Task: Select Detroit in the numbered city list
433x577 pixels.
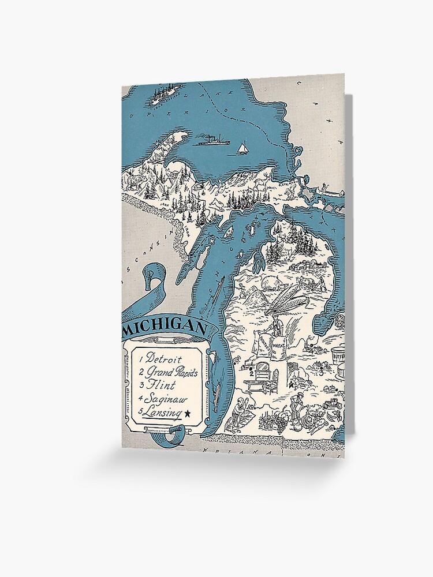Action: [x=164, y=358]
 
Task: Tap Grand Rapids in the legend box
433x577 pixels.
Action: [x=171, y=372]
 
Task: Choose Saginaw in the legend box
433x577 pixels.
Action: [x=165, y=399]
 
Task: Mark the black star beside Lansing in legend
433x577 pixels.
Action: [x=188, y=413]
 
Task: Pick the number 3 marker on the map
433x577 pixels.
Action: [x=321, y=372]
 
